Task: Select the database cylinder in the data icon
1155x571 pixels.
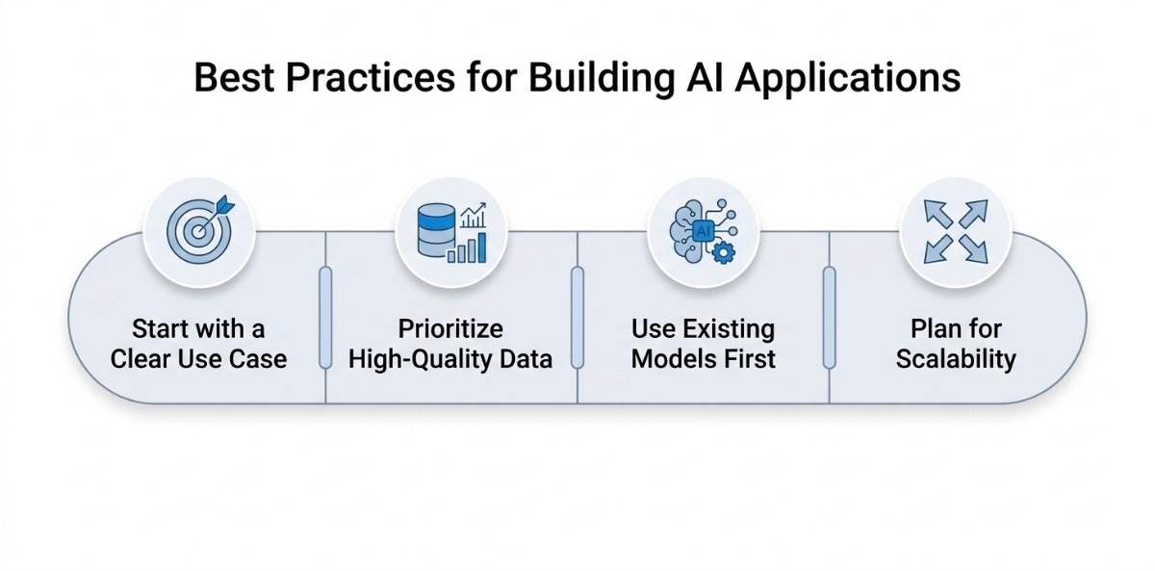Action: pyautogui.click(x=437, y=232)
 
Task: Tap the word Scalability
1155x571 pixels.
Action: pyautogui.click(x=956, y=359)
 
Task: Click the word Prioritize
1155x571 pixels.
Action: pyautogui.click(x=450, y=329)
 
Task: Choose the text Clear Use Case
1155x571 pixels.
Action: pyautogui.click(x=198, y=359)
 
